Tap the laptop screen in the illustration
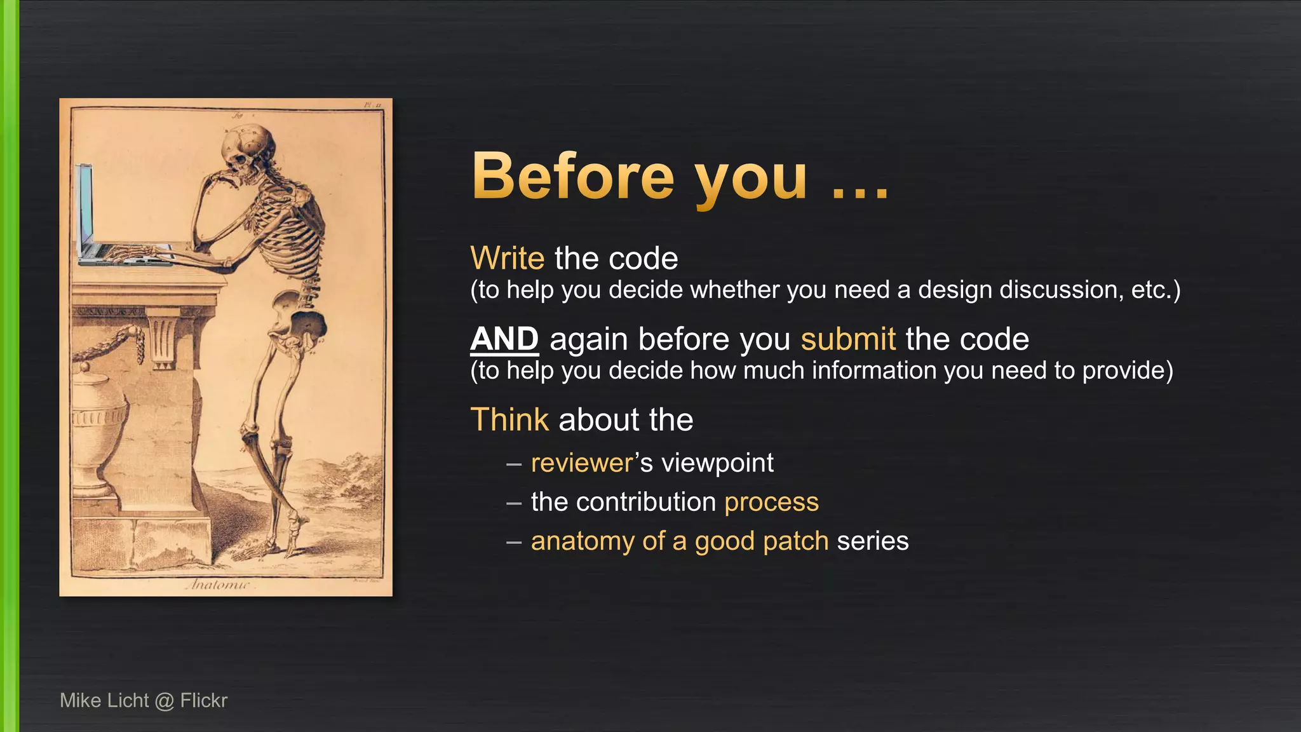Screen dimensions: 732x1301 pyautogui.click(x=85, y=203)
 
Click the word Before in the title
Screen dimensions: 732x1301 pyautogui.click(x=572, y=177)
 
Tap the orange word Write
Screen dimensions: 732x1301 pyautogui.click(x=507, y=259)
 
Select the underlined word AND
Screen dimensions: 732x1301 pyautogui.click(x=504, y=339)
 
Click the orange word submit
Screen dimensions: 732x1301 pyautogui.click(x=847, y=339)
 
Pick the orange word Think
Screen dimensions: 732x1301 pyautogui.click(x=509, y=420)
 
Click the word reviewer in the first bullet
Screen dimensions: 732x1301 pyautogui.click(x=582, y=463)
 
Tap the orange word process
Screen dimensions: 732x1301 pyautogui.click(x=771, y=502)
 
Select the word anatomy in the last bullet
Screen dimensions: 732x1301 pyautogui.click(x=583, y=541)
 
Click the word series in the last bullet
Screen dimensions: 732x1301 pyautogui.click(x=873, y=541)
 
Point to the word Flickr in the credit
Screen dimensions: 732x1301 pyautogui.click(x=203, y=700)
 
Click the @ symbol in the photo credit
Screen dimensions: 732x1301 pyautogui.click(x=164, y=701)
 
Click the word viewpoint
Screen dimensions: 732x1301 pyautogui.click(x=717, y=463)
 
